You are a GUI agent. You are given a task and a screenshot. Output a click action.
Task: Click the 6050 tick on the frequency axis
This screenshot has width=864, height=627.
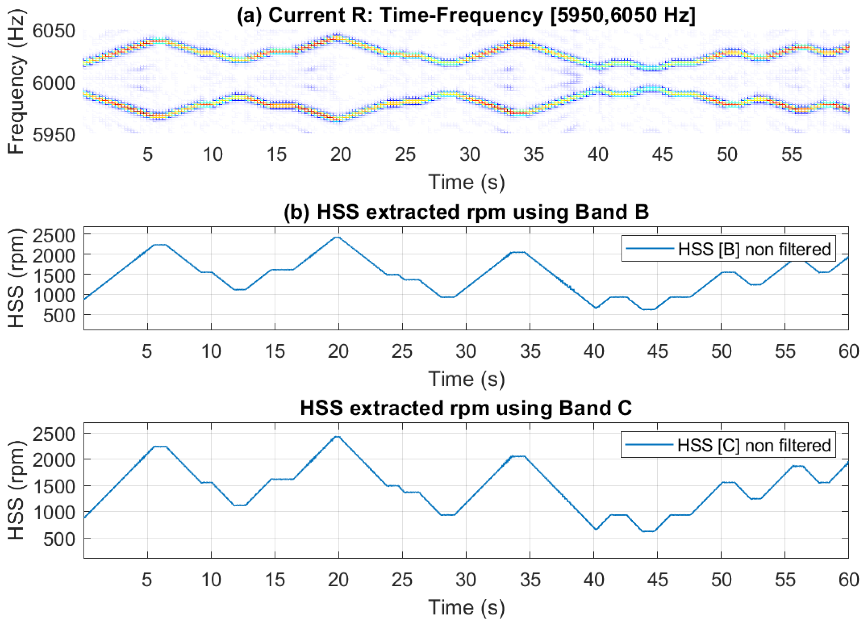54,31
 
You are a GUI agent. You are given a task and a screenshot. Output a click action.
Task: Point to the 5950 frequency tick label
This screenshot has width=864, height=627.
54,134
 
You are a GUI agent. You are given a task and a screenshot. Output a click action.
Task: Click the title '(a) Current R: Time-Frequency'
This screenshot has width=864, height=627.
466,16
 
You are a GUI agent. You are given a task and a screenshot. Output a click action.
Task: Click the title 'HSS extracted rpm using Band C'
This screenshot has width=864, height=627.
466,408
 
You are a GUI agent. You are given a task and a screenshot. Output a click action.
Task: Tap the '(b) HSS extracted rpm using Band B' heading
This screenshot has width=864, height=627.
466,212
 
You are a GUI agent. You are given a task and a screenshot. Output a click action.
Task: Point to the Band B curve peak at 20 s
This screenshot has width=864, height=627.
338,237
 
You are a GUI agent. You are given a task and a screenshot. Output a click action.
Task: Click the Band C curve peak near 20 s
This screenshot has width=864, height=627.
338,436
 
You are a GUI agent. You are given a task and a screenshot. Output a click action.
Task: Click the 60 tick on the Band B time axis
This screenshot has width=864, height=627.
849,351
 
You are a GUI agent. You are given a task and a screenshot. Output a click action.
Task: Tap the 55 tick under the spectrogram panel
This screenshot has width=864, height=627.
791,155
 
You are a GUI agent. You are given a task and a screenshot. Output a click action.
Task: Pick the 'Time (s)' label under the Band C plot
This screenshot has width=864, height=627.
466,608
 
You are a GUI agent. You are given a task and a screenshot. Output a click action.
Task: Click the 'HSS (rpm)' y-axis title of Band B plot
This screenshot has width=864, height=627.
16,278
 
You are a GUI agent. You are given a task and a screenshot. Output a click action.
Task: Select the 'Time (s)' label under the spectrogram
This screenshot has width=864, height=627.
466,182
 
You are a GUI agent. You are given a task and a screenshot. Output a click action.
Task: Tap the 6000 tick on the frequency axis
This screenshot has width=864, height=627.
54,83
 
